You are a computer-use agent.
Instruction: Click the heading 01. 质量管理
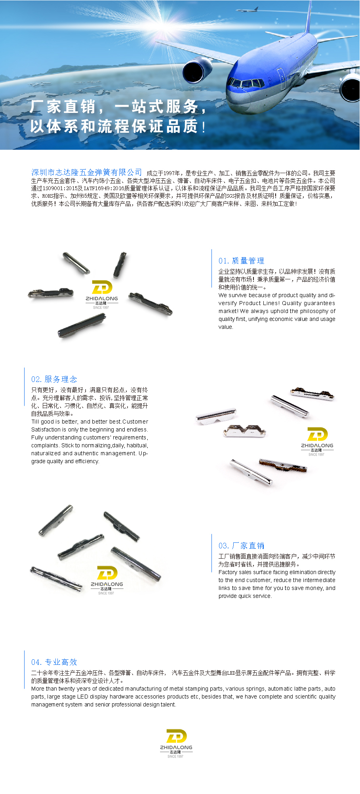(x=241, y=261)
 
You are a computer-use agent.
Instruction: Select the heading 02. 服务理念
(x=54, y=379)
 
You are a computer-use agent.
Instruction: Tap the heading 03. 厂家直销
(x=241, y=546)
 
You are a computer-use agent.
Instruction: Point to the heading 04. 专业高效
(x=54, y=662)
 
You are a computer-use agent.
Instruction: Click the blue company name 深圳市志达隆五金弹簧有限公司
(x=86, y=172)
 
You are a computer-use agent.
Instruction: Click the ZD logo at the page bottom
(x=176, y=743)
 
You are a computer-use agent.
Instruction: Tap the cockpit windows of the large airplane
(x=246, y=83)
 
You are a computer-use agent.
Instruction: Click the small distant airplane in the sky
(x=252, y=10)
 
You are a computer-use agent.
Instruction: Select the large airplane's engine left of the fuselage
(x=197, y=70)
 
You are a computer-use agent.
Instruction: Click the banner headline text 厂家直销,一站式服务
(x=118, y=107)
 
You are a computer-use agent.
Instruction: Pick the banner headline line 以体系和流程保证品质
(x=118, y=126)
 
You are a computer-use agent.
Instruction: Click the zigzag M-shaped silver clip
(x=245, y=431)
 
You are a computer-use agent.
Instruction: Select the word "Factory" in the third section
(x=228, y=572)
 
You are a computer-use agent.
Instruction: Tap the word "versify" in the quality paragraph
(x=227, y=303)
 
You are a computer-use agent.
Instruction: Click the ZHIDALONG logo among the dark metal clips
(x=102, y=295)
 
